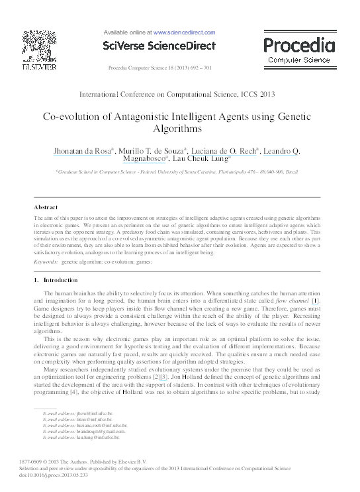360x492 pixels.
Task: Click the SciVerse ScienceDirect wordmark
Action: [159, 46]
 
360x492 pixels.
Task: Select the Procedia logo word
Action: [299, 45]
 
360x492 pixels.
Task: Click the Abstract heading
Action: [46, 207]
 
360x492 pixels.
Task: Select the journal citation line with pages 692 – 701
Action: [159, 68]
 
